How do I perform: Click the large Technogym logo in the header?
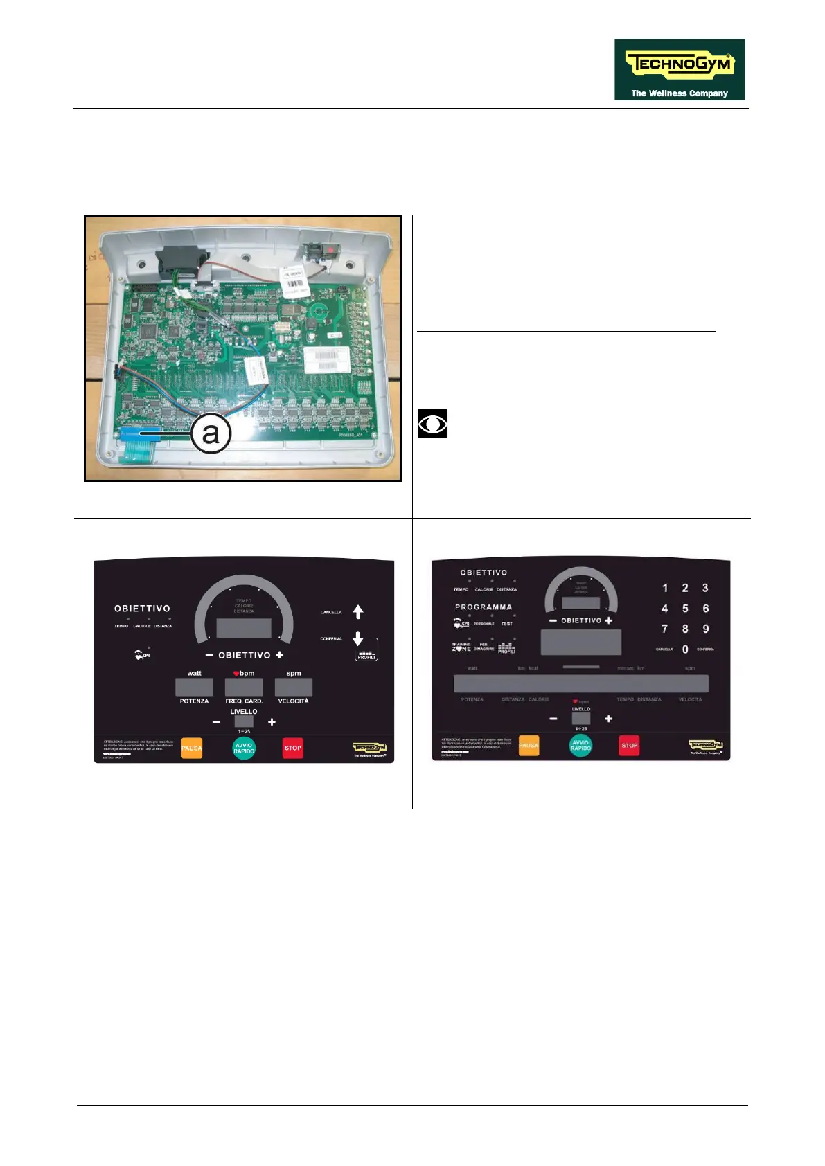point(679,69)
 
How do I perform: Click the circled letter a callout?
point(211,433)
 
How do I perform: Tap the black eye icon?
point(432,424)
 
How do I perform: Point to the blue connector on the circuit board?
point(138,433)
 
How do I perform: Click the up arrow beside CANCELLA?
point(358,612)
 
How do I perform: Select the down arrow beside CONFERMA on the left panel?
point(358,638)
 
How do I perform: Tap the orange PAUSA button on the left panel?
point(192,748)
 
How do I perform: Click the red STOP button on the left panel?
point(293,748)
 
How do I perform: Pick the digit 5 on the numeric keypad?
point(685,609)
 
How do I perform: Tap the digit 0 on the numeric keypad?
point(685,649)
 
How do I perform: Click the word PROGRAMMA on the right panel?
point(484,607)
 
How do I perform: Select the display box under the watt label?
point(194,687)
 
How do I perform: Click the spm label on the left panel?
point(294,673)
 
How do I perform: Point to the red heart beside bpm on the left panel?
point(236,674)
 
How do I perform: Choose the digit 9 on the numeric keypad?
point(706,629)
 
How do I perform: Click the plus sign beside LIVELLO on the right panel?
point(608,719)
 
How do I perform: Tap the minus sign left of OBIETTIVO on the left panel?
point(209,655)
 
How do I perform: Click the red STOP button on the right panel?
point(629,746)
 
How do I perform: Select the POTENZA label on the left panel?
point(194,701)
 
